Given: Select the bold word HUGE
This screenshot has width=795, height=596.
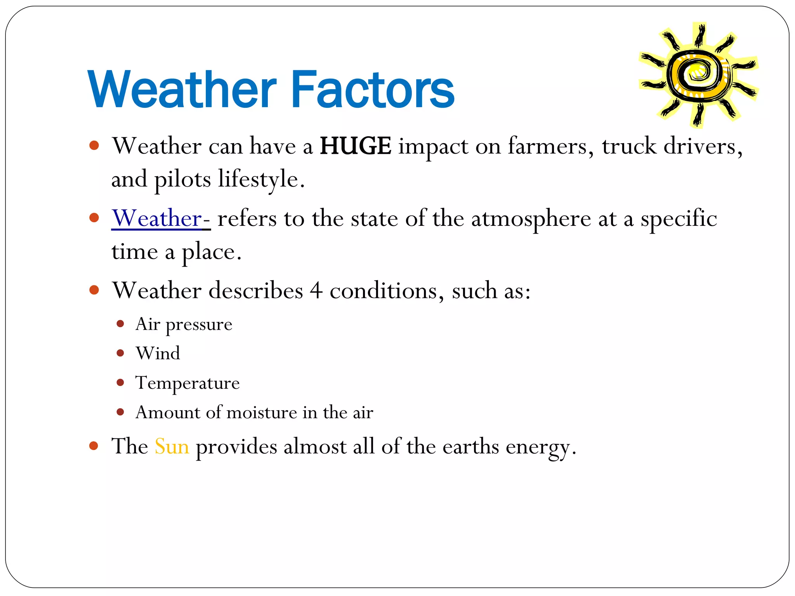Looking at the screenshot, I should (355, 146).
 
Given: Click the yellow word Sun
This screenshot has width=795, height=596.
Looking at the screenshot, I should (172, 446).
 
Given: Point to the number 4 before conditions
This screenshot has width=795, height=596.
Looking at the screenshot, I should (316, 290).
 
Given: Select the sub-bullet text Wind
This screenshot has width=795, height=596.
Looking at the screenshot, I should (158, 353).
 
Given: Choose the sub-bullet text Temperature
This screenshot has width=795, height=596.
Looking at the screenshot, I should (187, 383).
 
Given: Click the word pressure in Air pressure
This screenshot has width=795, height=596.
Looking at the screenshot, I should (199, 324).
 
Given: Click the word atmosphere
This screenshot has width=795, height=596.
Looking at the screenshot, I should (531, 218).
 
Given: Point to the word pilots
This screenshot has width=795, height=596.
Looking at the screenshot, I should (182, 179).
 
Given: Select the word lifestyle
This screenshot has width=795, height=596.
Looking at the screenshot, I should (261, 179).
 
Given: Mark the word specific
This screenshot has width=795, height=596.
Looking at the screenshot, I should (679, 218).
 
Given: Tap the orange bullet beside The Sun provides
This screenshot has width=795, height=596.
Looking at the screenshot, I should (94, 445).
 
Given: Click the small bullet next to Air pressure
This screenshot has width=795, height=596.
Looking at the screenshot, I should (120, 324).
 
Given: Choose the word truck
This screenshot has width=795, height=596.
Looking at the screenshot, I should (629, 146).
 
